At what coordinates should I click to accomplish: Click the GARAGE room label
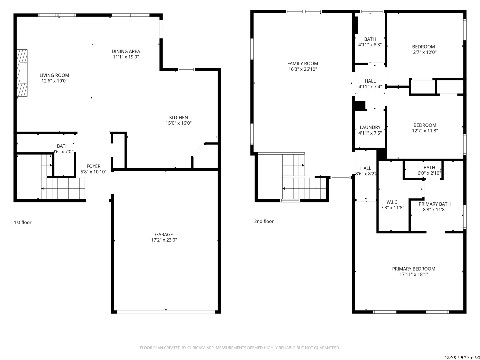(x=164, y=234)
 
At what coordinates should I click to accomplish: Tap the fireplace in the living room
(x=22, y=73)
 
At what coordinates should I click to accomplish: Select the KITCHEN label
(x=178, y=117)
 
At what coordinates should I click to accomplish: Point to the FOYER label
(x=93, y=166)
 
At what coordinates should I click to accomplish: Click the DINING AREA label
(x=126, y=51)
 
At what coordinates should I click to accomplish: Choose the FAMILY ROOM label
(x=302, y=64)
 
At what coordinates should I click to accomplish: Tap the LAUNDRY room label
(x=370, y=127)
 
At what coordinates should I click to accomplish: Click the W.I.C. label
(x=392, y=202)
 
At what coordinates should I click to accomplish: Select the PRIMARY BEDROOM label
(x=414, y=269)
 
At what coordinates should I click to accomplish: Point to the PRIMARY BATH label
(x=435, y=204)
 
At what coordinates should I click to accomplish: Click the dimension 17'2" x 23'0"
(x=164, y=240)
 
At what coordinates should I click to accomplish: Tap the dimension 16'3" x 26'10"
(x=303, y=69)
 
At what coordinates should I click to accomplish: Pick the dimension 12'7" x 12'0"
(x=423, y=52)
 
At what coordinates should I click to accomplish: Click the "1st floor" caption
(x=23, y=222)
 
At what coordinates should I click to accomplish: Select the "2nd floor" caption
(x=264, y=221)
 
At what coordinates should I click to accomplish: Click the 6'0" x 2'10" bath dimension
(x=429, y=173)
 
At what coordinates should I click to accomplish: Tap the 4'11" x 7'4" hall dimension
(x=370, y=87)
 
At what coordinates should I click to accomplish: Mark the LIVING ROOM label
(x=54, y=75)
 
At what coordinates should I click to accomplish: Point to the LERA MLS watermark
(x=462, y=357)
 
